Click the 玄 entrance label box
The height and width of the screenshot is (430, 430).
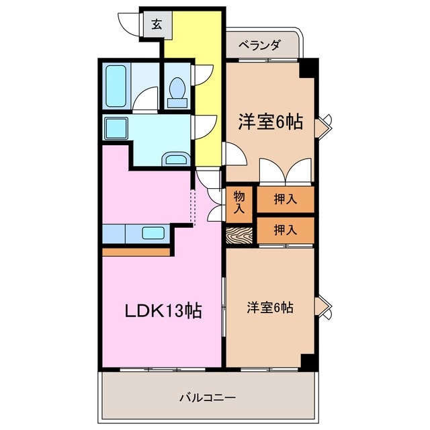click(x=155, y=25)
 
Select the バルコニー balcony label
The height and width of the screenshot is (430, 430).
click(x=207, y=397)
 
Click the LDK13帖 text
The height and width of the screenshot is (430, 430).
click(x=163, y=311)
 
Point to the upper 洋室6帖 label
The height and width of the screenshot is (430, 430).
click(x=269, y=122)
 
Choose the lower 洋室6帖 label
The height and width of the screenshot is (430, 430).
click(x=269, y=308)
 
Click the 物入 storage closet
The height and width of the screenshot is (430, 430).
click(x=239, y=202)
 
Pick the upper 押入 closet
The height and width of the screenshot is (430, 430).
click(x=285, y=198)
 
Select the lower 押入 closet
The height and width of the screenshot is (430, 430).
click(x=285, y=230)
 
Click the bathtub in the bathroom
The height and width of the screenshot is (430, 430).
click(x=118, y=86)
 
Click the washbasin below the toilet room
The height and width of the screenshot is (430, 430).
click(x=177, y=159)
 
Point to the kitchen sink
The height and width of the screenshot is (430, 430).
click(x=154, y=234)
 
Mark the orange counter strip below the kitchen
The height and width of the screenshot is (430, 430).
click(x=136, y=251)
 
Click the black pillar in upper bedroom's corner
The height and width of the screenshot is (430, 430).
click(x=308, y=67)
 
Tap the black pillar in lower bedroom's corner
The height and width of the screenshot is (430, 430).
click(x=308, y=360)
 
